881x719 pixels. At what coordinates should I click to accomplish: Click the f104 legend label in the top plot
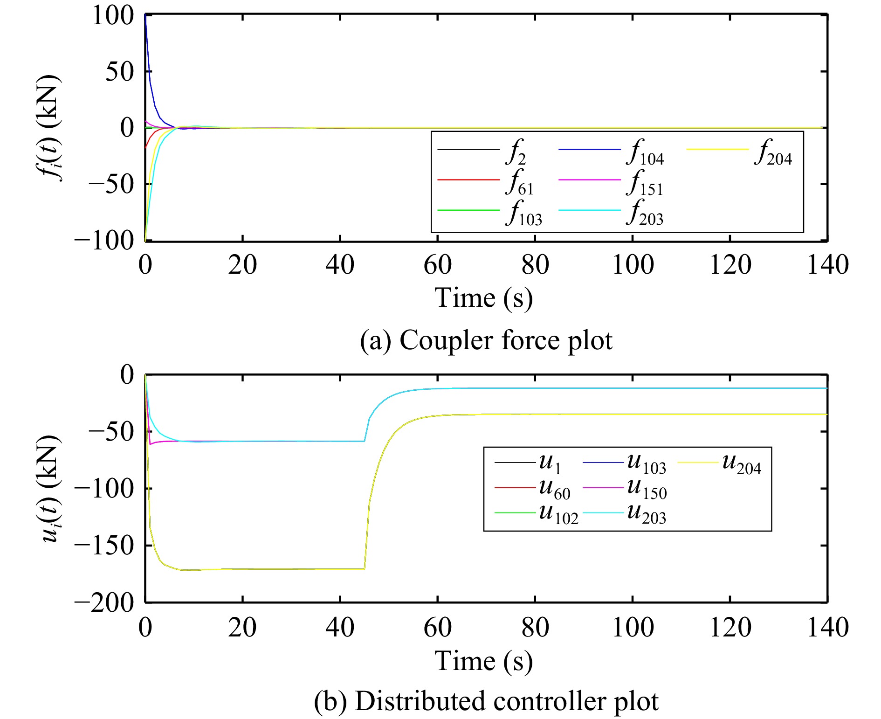[x=645, y=153]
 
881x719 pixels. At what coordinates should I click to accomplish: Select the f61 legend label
[x=520, y=183]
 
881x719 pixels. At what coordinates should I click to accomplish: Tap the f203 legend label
[x=645, y=213]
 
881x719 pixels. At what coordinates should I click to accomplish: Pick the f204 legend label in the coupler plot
[x=773, y=153]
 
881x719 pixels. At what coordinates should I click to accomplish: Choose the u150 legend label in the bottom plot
[x=647, y=489]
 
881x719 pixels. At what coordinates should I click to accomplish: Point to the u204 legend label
[x=742, y=463]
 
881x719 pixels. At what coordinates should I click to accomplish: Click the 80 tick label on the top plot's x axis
[x=535, y=265]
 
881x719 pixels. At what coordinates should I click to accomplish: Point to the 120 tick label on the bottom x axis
[x=730, y=628]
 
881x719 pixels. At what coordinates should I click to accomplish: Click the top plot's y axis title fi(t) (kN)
[x=48, y=128]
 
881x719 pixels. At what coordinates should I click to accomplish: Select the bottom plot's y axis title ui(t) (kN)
[x=48, y=489]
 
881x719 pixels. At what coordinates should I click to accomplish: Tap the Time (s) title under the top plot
[x=483, y=298]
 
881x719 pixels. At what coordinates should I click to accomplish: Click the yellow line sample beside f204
[x=717, y=149]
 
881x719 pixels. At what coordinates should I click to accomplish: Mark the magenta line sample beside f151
[x=590, y=180]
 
